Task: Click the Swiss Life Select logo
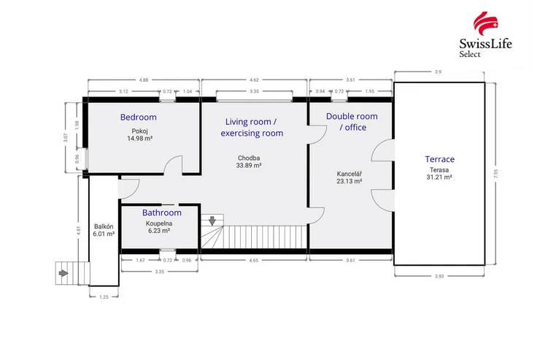pyautogui.click(x=485, y=34)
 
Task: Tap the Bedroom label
pyautogui.click(x=139, y=117)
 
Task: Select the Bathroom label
pyautogui.click(x=162, y=212)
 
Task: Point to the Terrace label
pyautogui.click(x=439, y=159)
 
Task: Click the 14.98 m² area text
pyautogui.click(x=140, y=139)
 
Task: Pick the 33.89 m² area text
pyautogui.click(x=249, y=165)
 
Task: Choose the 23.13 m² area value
pyautogui.click(x=350, y=181)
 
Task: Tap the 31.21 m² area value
pyautogui.click(x=439, y=177)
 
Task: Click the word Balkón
pyautogui.click(x=104, y=226)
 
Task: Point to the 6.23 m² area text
pyautogui.click(x=159, y=231)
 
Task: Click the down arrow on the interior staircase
pyautogui.click(x=212, y=221)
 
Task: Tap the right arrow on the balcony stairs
pyautogui.click(x=63, y=273)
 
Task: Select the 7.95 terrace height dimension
pyautogui.click(x=496, y=173)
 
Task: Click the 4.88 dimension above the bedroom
pyautogui.click(x=144, y=80)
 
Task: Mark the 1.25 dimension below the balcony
pyautogui.click(x=104, y=297)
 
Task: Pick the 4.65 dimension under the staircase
pyautogui.click(x=253, y=261)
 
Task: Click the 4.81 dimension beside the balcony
pyautogui.click(x=79, y=231)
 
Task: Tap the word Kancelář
pyautogui.click(x=350, y=174)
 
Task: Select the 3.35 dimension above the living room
pyautogui.click(x=254, y=91)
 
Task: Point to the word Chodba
pyautogui.click(x=249, y=158)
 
